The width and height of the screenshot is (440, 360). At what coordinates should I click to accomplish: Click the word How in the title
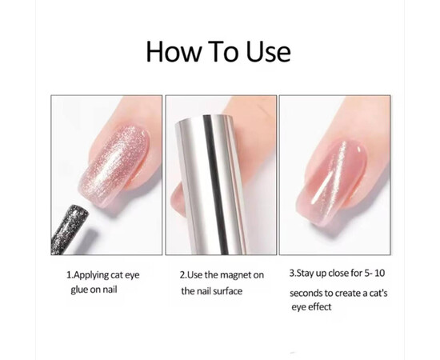click(174, 52)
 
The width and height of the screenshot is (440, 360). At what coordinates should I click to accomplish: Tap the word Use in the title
click(268, 52)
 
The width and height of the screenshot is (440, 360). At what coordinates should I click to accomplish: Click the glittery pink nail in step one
click(114, 165)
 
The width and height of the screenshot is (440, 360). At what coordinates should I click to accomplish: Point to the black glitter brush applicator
click(70, 230)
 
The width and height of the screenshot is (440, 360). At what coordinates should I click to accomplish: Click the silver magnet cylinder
click(211, 185)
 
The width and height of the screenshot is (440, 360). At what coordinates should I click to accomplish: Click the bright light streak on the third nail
click(327, 173)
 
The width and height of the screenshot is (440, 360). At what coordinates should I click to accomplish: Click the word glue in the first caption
click(79, 290)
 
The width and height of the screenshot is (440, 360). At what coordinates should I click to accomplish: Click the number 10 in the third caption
click(379, 273)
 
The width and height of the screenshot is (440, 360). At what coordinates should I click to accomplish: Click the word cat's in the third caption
click(378, 294)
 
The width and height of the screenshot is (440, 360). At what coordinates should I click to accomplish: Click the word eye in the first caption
click(132, 275)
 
